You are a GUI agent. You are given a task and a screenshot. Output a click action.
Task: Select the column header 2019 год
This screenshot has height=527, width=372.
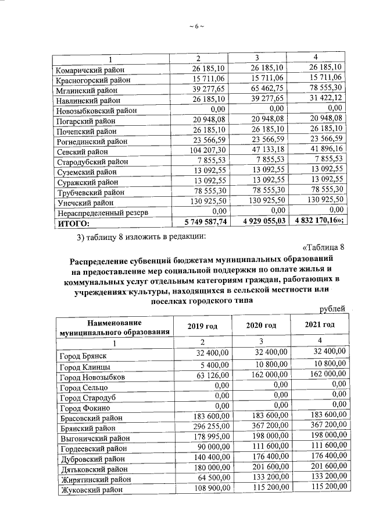point(202,326)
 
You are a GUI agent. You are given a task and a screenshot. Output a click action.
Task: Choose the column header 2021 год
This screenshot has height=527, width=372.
point(320,325)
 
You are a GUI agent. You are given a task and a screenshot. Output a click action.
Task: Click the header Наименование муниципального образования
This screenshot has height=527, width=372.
point(114,327)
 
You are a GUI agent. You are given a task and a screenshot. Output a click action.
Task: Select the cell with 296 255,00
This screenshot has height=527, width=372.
point(208,427)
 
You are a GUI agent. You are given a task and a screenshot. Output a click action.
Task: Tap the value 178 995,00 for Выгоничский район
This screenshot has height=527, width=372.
point(208,437)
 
